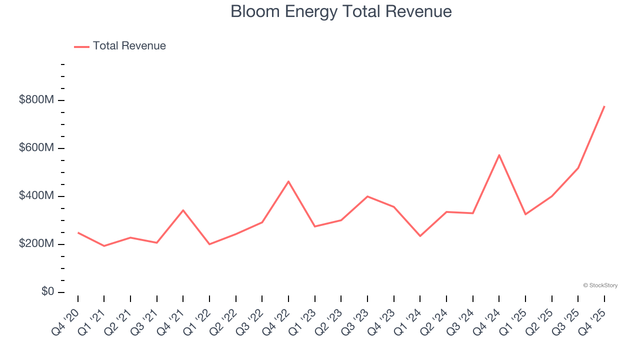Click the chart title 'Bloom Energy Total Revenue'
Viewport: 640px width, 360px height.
coord(341,11)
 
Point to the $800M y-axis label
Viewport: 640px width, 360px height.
coord(36,100)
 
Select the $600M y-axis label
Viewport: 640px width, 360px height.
coord(36,148)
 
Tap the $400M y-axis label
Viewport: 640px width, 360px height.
coord(36,196)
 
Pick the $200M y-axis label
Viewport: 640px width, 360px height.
coord(36,244)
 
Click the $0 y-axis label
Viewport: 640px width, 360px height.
coord(47,292)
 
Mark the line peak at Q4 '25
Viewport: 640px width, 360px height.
coord(604,106)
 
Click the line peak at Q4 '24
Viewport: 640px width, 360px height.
coord(499,155)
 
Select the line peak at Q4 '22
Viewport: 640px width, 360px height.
coord(288,181)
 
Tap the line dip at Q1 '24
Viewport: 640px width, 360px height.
coord(420,236)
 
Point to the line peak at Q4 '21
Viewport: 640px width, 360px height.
coord(183,210)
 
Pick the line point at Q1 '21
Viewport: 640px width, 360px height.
coord(104,246)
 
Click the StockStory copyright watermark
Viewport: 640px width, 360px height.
coord(600,285)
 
